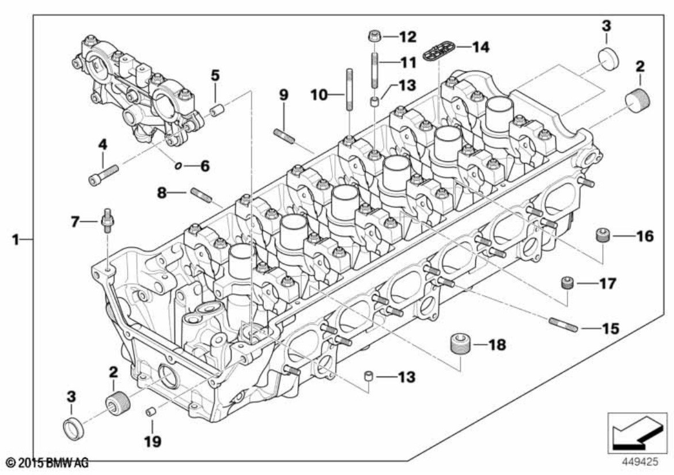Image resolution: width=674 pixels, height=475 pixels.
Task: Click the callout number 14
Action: point(480,47)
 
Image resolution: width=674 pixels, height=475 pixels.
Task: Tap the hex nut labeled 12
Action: point(373,37)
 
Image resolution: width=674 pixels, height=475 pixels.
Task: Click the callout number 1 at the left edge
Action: point(17,239)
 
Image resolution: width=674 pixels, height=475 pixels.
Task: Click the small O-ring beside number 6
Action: point(179,166)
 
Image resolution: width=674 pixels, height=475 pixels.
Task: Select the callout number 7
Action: point(75,221)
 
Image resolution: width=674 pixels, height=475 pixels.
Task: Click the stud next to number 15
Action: point(563,325)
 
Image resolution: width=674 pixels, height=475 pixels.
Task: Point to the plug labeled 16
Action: point(602,236)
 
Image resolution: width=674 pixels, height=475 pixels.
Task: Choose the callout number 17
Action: point(607,284)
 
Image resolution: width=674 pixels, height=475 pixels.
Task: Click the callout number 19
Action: point(153,442)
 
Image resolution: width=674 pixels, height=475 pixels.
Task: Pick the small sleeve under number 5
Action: point(217,110)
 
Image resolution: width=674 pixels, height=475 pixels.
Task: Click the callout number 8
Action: point(162,193)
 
